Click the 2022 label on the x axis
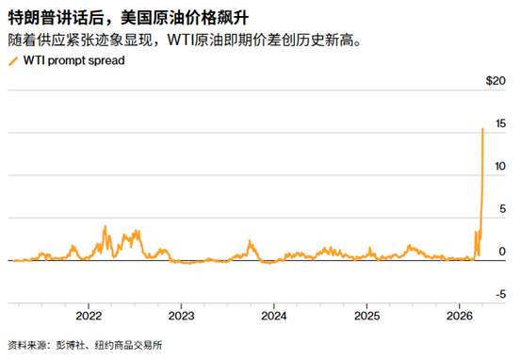point(89,314)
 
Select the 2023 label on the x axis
point(182,314)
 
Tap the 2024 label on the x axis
point(274,314)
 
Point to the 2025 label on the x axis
point(366,314)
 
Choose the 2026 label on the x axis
point(459,314)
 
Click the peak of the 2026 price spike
point(483,128)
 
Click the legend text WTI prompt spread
point(71,60)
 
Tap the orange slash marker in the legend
point(12,60)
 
